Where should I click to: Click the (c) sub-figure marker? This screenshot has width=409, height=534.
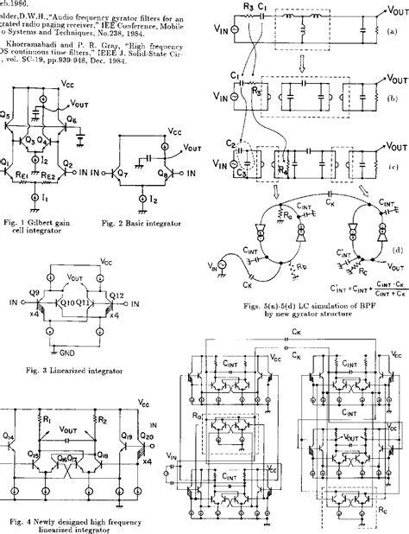(393, 164)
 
